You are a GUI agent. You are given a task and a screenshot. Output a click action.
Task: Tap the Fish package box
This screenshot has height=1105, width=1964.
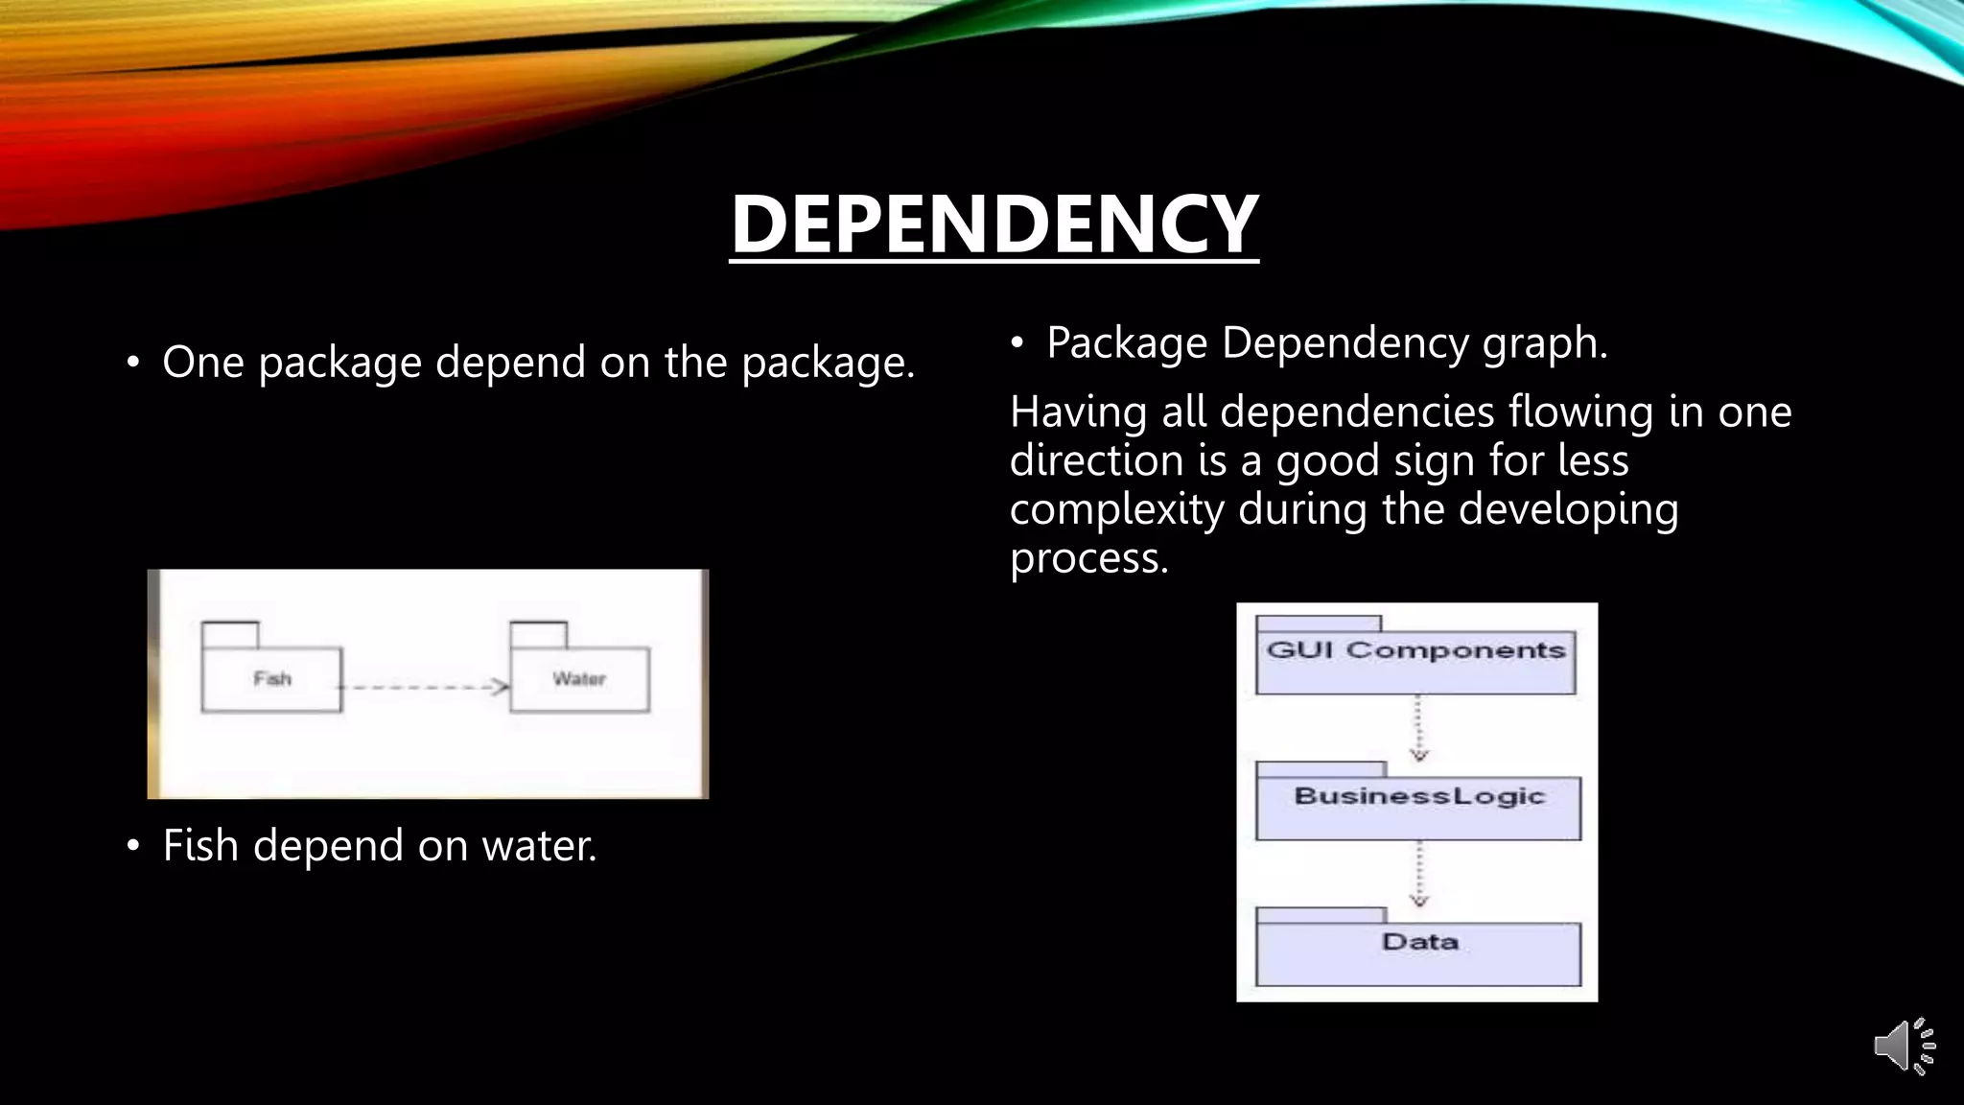pos(271,679)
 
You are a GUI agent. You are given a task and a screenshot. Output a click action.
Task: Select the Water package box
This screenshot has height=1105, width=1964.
pos(579,679)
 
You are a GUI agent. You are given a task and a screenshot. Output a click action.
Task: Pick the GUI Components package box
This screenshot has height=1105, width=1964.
pos(1415,661)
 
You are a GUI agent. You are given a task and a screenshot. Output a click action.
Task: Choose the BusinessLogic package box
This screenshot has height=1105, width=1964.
pos(1418,807)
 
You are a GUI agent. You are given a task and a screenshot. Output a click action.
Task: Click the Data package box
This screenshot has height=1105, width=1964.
pos(1418,952)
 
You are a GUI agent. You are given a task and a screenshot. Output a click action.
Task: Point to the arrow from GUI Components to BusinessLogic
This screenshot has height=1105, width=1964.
pos(1419,727)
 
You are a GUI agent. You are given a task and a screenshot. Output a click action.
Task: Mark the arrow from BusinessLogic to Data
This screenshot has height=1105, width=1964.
pos(1419,874)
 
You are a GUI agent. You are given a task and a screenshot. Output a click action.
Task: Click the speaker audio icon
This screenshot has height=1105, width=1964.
pos(1903,1046)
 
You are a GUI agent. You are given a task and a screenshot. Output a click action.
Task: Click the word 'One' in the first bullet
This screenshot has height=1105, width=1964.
pos(203,363)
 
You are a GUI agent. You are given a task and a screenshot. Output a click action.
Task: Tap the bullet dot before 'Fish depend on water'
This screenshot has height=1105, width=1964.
pos(133,846)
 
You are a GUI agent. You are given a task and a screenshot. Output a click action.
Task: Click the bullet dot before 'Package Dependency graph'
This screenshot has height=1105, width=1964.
pos(1017,343)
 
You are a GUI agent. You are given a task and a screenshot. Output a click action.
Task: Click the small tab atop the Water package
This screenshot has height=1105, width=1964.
pos(538,634)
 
